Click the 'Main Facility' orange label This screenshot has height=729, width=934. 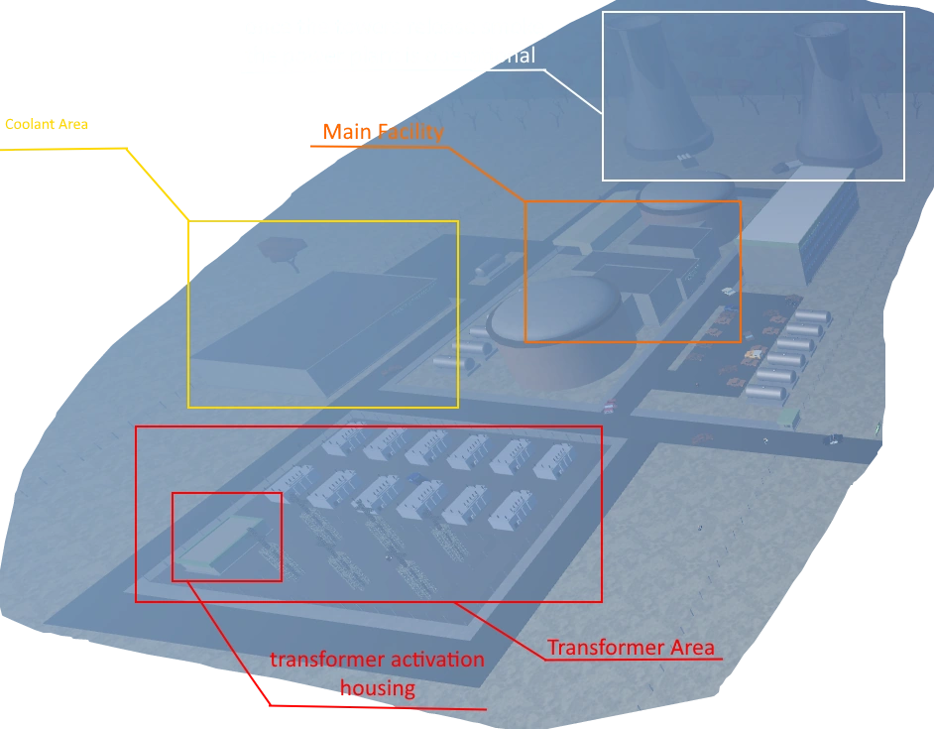pos(383,132)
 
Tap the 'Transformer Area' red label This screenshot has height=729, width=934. pos(631,648)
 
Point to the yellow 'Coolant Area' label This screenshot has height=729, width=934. pos(47,125)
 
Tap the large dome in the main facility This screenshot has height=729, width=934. pos(555,317)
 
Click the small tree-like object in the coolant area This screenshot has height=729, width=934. pos(281,252)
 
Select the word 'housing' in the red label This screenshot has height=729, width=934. pos(377,687)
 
